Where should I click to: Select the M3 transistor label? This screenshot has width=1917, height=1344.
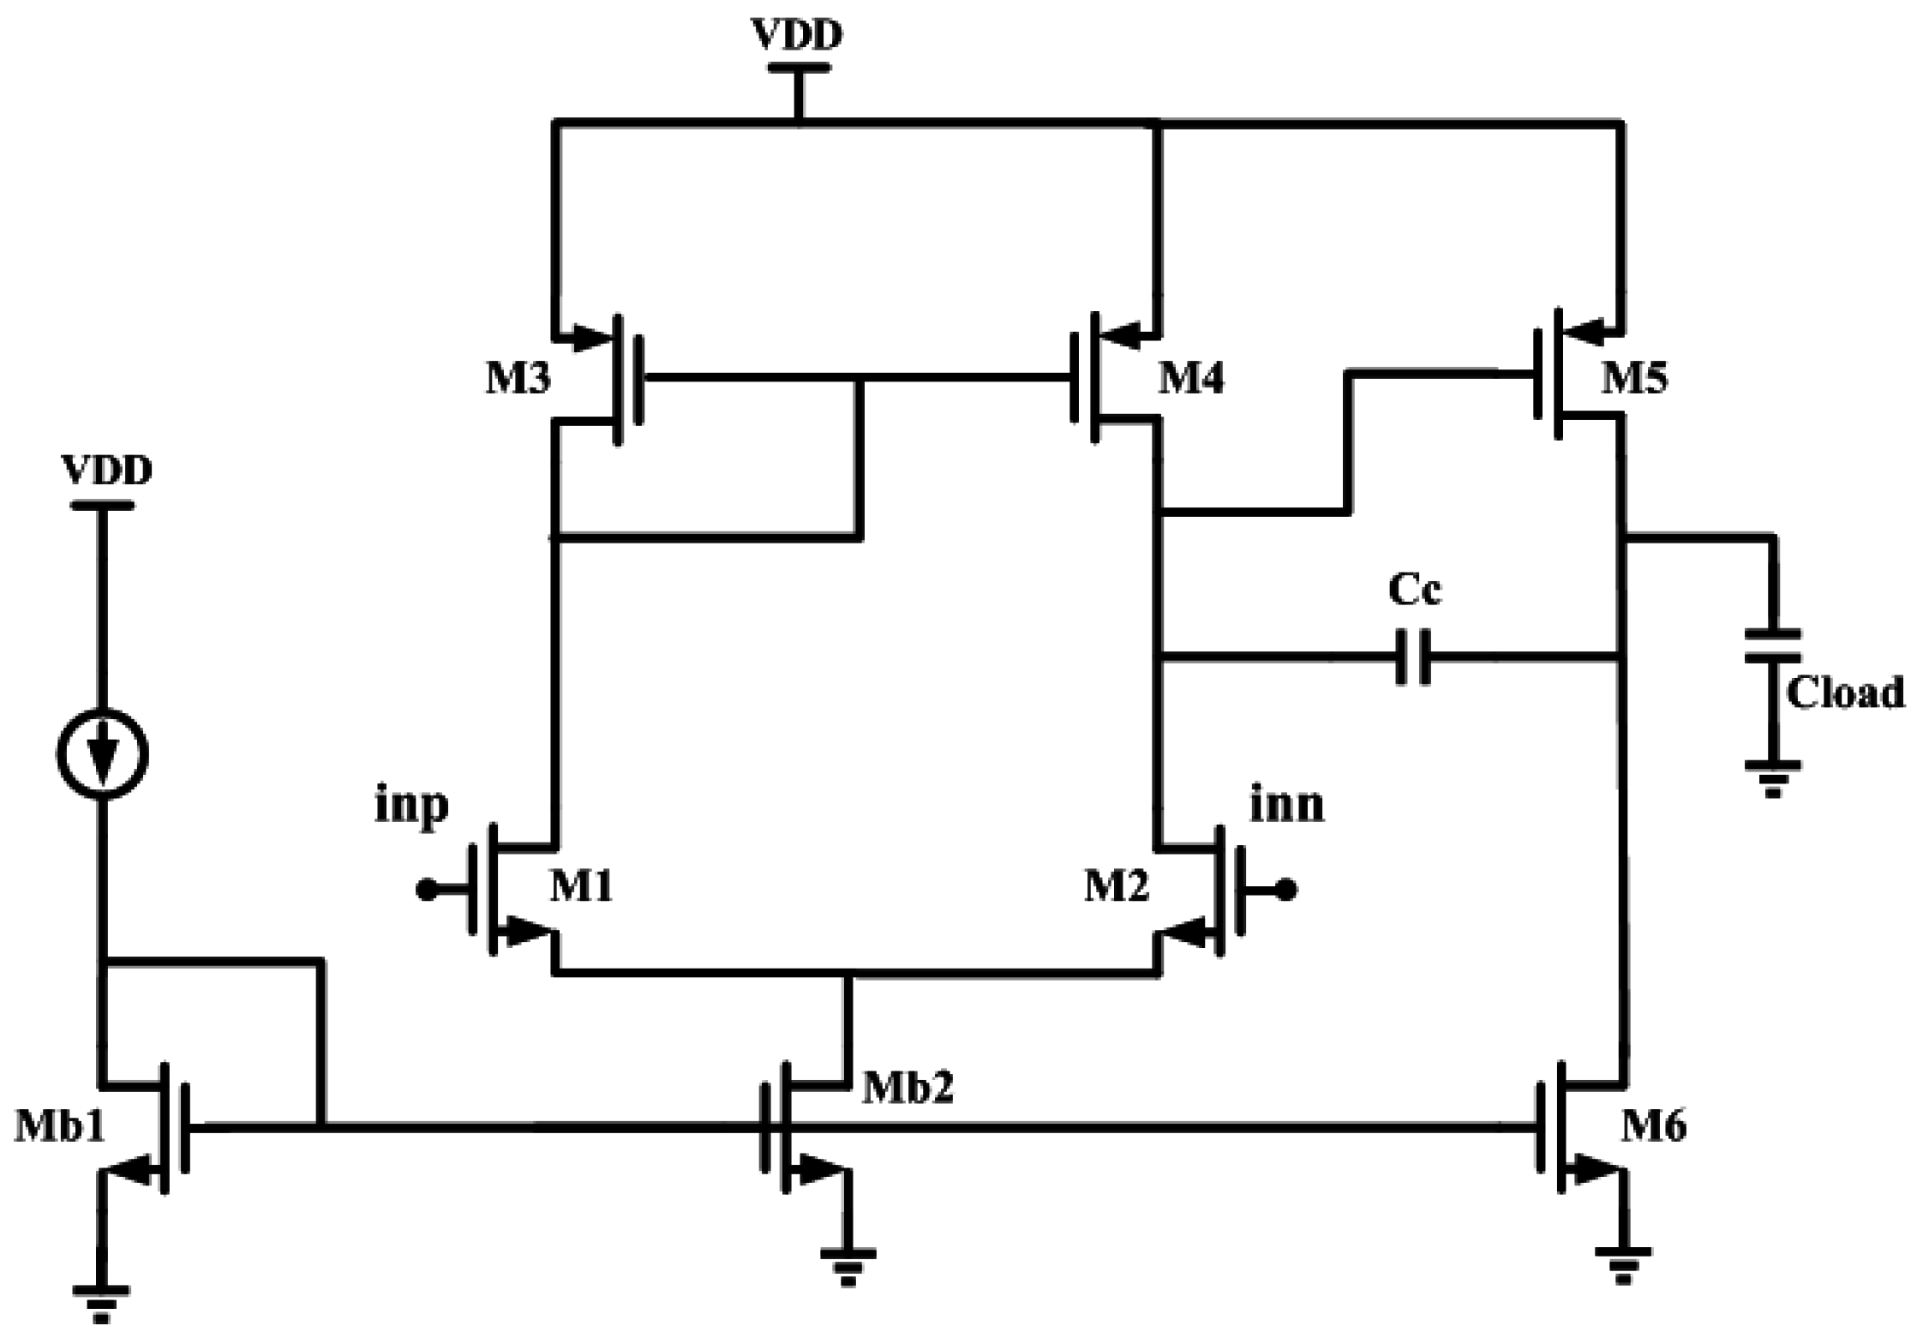518,378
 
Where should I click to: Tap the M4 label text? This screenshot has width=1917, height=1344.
1191,378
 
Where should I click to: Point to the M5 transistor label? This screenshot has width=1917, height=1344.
1634,378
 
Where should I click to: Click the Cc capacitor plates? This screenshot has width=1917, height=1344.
1413,657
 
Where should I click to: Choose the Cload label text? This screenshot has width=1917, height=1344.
1844,693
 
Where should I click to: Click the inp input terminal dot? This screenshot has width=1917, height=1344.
425,891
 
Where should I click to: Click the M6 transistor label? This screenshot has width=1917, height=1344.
1653,1125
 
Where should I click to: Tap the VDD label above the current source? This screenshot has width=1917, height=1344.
107,471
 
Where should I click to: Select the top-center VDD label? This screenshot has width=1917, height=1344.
797,34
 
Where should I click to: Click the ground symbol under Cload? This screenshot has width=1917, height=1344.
1772,776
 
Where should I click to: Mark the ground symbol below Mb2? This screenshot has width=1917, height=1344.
848,1267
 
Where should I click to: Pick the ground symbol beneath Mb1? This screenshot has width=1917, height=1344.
101,1303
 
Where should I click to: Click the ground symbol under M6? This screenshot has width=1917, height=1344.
1622,1265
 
